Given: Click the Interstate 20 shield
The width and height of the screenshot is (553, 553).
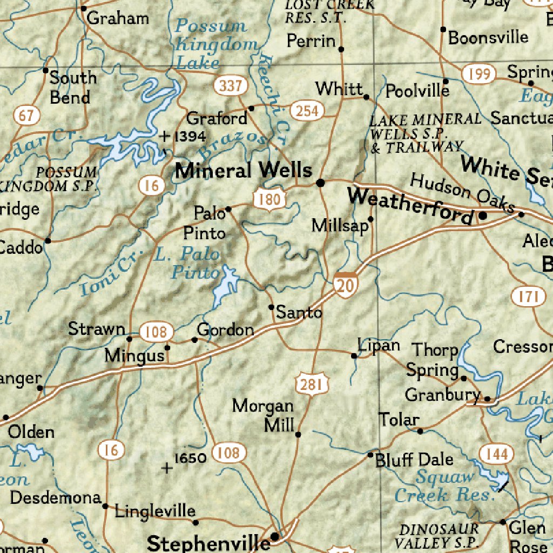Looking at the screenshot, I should tap(344, 284).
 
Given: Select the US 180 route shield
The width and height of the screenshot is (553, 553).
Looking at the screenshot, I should tap(269, 200).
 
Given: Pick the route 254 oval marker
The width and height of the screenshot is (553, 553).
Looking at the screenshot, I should tap(307, 111).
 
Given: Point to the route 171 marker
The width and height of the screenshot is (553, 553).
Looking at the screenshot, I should tap(528, 296).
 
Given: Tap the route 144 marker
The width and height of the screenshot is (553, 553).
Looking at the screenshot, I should tap(495, 454).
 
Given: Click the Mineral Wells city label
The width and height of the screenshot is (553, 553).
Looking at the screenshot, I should tap(244, 171).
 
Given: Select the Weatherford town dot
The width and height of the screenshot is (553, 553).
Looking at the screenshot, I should tap(483, 215).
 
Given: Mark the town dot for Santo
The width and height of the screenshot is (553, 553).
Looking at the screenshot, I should tap(272, 307).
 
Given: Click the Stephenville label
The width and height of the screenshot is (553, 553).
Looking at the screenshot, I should tap(208, 543).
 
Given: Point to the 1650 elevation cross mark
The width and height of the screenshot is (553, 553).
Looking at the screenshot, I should tap(167, 468).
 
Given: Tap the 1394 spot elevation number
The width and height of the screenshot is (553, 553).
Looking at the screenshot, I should tap(189, 136).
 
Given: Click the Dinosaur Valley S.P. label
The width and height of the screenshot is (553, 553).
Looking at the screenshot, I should tap(439, 536).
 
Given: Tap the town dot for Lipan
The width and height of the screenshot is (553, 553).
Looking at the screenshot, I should tap(354, 356).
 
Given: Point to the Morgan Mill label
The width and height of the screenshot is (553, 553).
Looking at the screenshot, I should tap(264, 415).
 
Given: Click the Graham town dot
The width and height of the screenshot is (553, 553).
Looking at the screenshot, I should tap(83, 9).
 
